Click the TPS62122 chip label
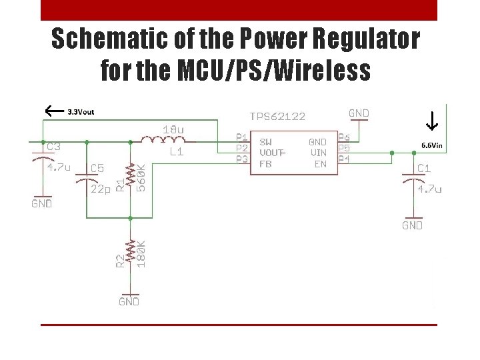click(x=277, y=116)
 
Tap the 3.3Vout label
click(x=81, y=112)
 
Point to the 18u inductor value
click(x=175, y=128)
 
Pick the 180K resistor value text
click(x=141, y=254)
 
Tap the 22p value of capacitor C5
click(x=100, y=189)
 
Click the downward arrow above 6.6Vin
click(x=431, y=121)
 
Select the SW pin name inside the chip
click(x=265, y=141)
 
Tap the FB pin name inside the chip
click(x=265, y=164)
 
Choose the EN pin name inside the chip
click(x=320, y=164)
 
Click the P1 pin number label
click(x=242, y=137)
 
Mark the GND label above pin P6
click(x=359, y=113)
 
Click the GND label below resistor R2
click(x=129, y=301)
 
